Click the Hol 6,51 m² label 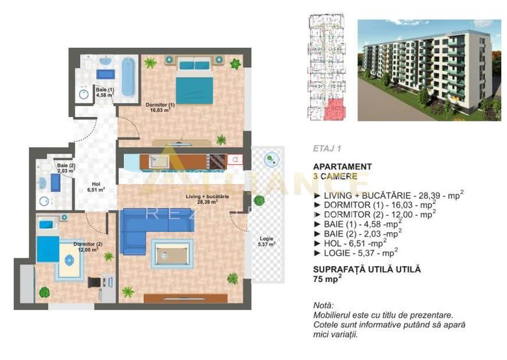tap(96, 185)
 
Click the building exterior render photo tap(428, 70)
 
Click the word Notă tap(324, 306)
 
